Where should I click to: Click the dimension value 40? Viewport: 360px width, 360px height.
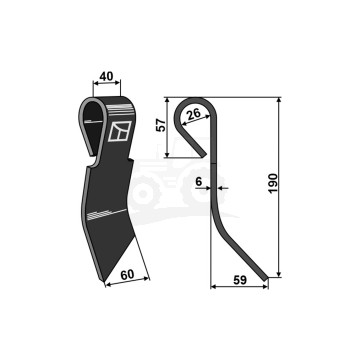click(x=106, y=77)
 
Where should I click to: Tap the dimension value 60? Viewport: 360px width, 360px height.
click(x=127, y=275)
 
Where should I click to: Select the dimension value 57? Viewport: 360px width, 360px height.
click(x=161, y=125)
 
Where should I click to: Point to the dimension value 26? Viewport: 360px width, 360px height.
click(x=193, y=115)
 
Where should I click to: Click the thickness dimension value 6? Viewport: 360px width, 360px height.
click(x=199, y=182)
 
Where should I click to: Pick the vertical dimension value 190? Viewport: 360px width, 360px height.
click(x=273, y=183)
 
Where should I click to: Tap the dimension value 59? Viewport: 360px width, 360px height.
click(x=240, y=280)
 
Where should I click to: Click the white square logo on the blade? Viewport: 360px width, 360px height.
click(x=120, y=131)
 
